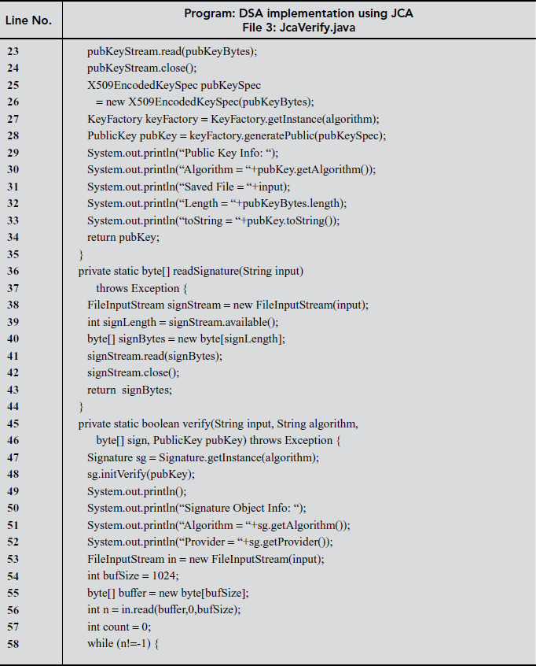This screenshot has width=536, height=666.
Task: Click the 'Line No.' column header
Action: [x=29, y=20]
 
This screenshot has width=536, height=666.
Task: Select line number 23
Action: [x=14, y=51]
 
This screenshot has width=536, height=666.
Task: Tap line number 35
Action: [x=14, y=254]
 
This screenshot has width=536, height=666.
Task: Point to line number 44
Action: [x=14, y=407]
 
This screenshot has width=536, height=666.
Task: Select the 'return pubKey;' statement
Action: [x=123, y=238]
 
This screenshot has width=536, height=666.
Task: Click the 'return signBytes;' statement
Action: [x=130, y=390]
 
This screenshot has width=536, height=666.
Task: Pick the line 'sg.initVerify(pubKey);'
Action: [x=141, y=475]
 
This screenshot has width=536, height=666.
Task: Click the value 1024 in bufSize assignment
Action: [x=166, y=576]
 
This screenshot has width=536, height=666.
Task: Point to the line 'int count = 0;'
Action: [x=119, y=627]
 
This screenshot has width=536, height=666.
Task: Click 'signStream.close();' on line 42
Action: [x=133, y=372]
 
